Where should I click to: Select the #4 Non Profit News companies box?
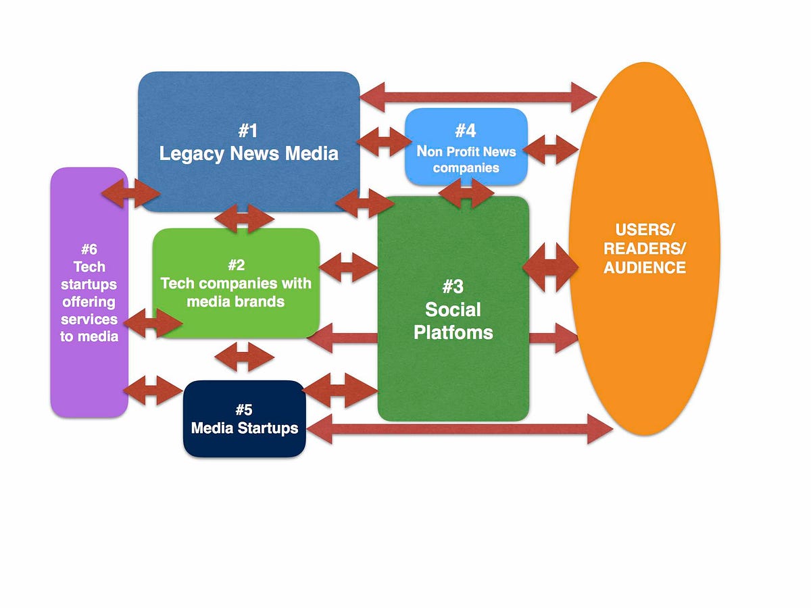pyautogui.click(x=466, y=147)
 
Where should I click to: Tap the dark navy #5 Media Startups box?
pyautogui.click(x=245, y=419)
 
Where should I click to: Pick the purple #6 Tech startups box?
pyautogui.click(x=89, y=293)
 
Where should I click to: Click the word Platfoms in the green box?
pyautogui.click(x=453, y=332)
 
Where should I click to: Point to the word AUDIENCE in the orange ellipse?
pyautogui.click(x=645, y=268)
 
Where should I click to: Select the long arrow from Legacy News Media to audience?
pyautogui.click(x=478, y=97)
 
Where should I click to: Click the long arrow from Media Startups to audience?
pyautogui.click(x=460, y=429)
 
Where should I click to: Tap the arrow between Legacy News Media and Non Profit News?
pyautogui.click(x=384, y=141)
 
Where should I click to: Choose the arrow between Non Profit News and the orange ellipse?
pyautogui.click(x=551, y=149)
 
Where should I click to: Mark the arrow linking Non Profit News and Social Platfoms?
pyautogui.click(x=466, y=193)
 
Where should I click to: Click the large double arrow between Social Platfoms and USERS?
pyautogui.click(x=551, y=268)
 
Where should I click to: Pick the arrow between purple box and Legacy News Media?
pyautogui.click(x=131, y=194)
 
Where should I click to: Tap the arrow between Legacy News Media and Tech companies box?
pyautogui.click(x=245, y=219)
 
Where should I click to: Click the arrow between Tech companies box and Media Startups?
pyautogui.click(x=244, y=356)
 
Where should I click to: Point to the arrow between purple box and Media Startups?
pyautogui.click(x=153, y=390)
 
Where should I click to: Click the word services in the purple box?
pyautogui.click(x=89, y=319)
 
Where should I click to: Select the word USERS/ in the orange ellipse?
pyautogui.click(x=645, y=230)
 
